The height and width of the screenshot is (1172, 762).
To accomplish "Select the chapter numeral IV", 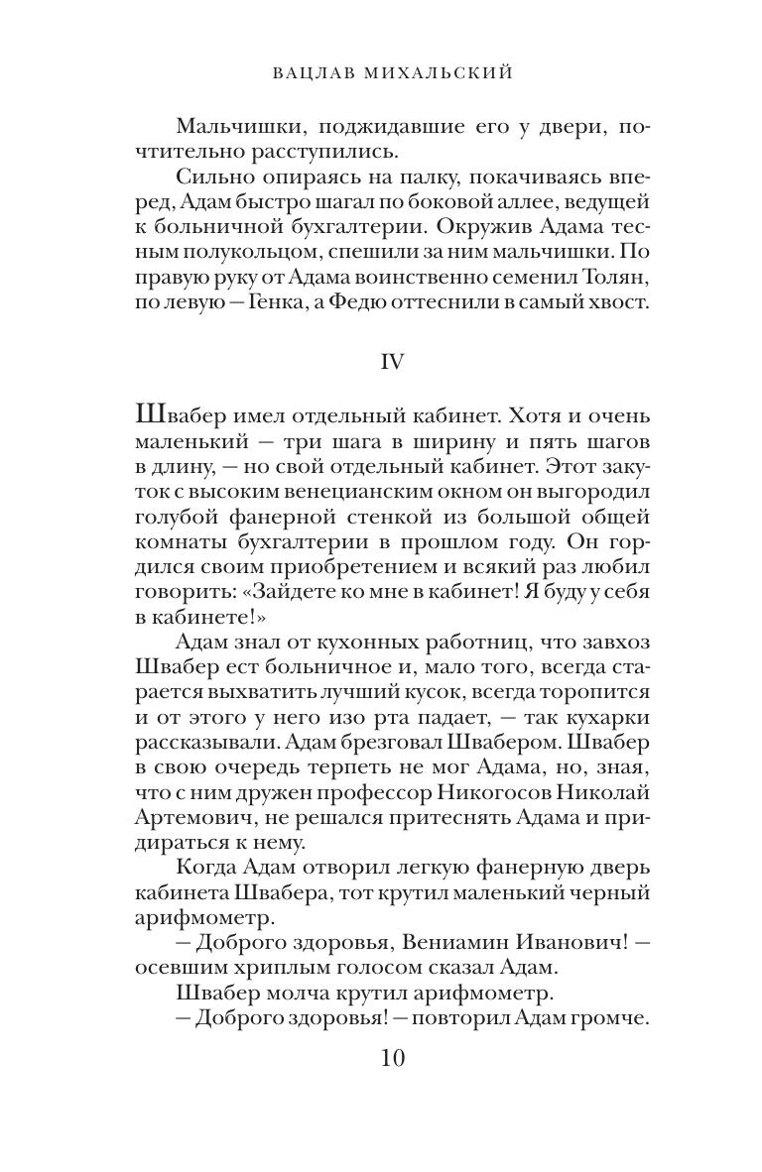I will click(x=392, y=363).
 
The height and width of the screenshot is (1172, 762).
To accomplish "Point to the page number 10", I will click(x=392, y=1058).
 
